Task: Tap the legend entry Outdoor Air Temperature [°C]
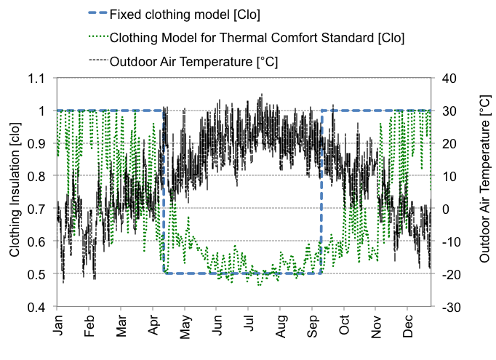click(x=193, y=61)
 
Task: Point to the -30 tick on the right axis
click(x=450, y=307)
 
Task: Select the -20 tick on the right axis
click(x=450, y=274)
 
